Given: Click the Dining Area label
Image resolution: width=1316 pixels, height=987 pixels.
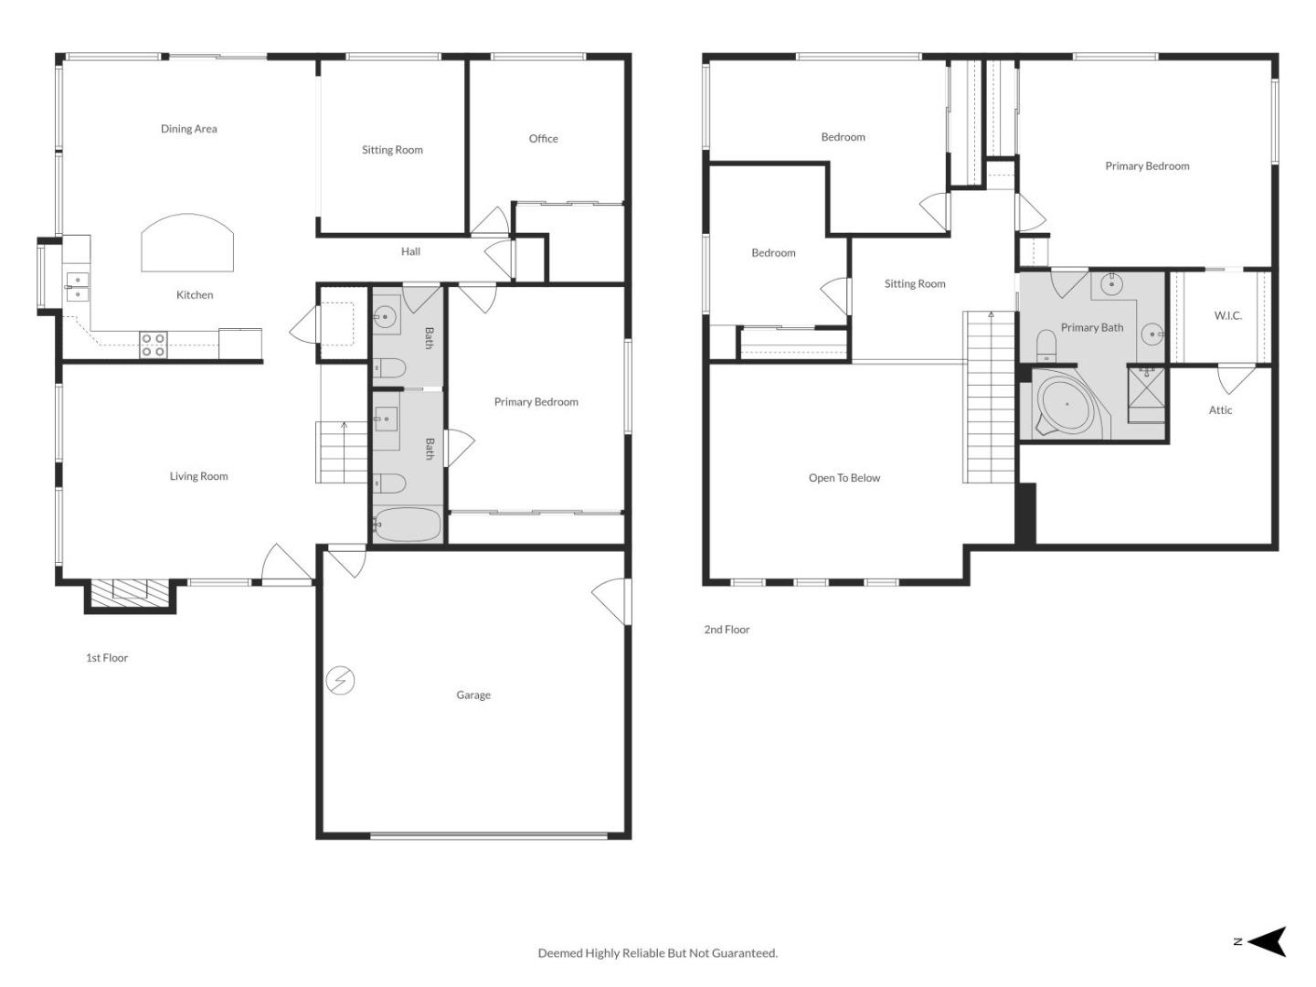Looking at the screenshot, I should click(x=189, y=129).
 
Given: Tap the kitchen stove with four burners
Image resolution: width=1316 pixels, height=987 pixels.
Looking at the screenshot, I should click(x=154, y=345).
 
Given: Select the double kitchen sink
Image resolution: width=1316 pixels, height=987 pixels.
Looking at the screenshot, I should click(x=78, y=287).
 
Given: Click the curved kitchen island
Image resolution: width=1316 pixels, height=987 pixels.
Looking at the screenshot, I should click(x=187, y=244).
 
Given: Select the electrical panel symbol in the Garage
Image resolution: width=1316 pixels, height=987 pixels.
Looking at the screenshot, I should click(x=341, y=681).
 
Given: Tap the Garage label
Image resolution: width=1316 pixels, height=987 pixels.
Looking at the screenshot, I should click(x=473, y=695).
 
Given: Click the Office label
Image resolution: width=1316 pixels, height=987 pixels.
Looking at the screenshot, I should click(x=543, y=139).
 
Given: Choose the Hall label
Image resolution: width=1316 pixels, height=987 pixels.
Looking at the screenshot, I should click(x=410, y=251).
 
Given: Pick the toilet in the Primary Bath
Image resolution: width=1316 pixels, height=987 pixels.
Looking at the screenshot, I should click(x=1046, y=345).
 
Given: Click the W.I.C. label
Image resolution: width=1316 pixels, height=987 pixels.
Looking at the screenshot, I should click(x=1227, y=315).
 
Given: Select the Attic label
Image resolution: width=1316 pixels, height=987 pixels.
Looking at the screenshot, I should click(x=1220, y=410).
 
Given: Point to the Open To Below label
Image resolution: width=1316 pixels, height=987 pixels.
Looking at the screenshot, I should click(x=844, y=478).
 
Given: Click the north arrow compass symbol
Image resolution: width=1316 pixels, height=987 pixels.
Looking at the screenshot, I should click(x=1267, y=941).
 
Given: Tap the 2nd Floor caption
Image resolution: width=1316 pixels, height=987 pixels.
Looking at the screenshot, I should click(x=727, y=630).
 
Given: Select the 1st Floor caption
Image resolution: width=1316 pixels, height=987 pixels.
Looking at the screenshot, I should click(x=107, y=658).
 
